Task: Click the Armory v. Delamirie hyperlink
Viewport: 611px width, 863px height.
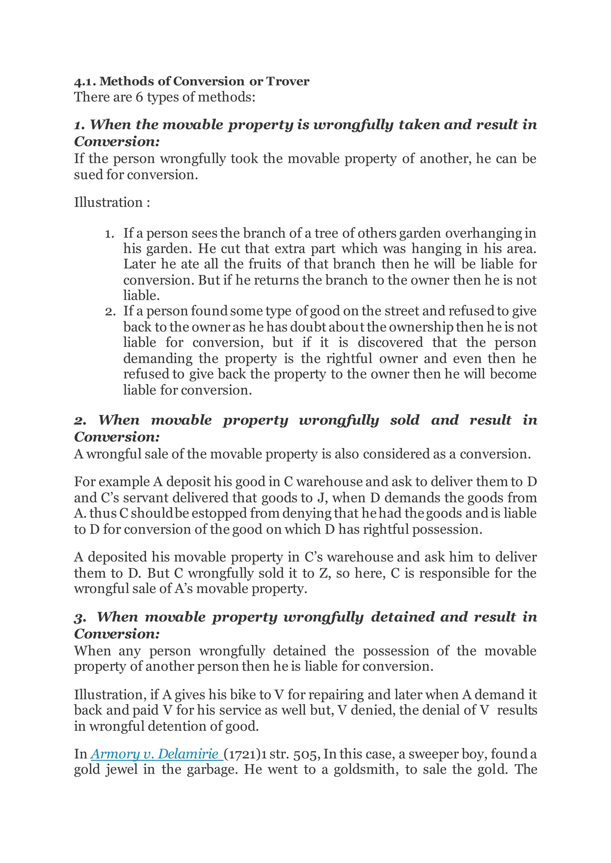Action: click(157, 754)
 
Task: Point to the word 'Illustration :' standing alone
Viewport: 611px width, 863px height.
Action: click(112, 203)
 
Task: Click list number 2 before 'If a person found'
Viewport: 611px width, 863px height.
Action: click(110, 312)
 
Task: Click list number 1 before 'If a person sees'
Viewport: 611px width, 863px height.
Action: click(109, 234)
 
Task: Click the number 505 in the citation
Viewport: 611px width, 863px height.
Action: click(306, 754)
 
